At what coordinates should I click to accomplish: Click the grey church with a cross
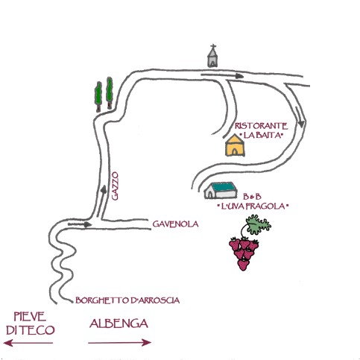pos(212,57)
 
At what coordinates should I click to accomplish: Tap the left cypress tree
pos(98,96)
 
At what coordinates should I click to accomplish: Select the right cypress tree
pos(110,93)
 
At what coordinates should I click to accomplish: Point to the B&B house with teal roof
pos(221,190)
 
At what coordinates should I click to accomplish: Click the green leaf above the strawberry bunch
pos(259,224)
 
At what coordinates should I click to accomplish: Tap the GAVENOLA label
pos(175,224)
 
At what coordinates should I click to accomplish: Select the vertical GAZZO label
pos(115,186)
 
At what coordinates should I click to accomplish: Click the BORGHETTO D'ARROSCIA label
pos(127,300)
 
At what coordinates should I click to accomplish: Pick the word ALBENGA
pos(119,323)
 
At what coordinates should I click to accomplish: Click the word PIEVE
pos(30,317)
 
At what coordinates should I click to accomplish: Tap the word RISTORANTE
pos(262,126)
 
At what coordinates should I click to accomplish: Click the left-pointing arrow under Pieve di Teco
pos(28,343)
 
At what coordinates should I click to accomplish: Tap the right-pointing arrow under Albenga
pos(119,343)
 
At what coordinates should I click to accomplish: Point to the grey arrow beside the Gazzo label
pos(101,201)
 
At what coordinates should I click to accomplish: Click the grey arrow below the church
pos(222,75)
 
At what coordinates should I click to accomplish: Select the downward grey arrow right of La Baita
pos(300,117)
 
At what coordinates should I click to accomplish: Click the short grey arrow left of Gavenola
pos(80,224)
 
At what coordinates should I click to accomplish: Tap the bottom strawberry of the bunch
pos(243,265)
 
